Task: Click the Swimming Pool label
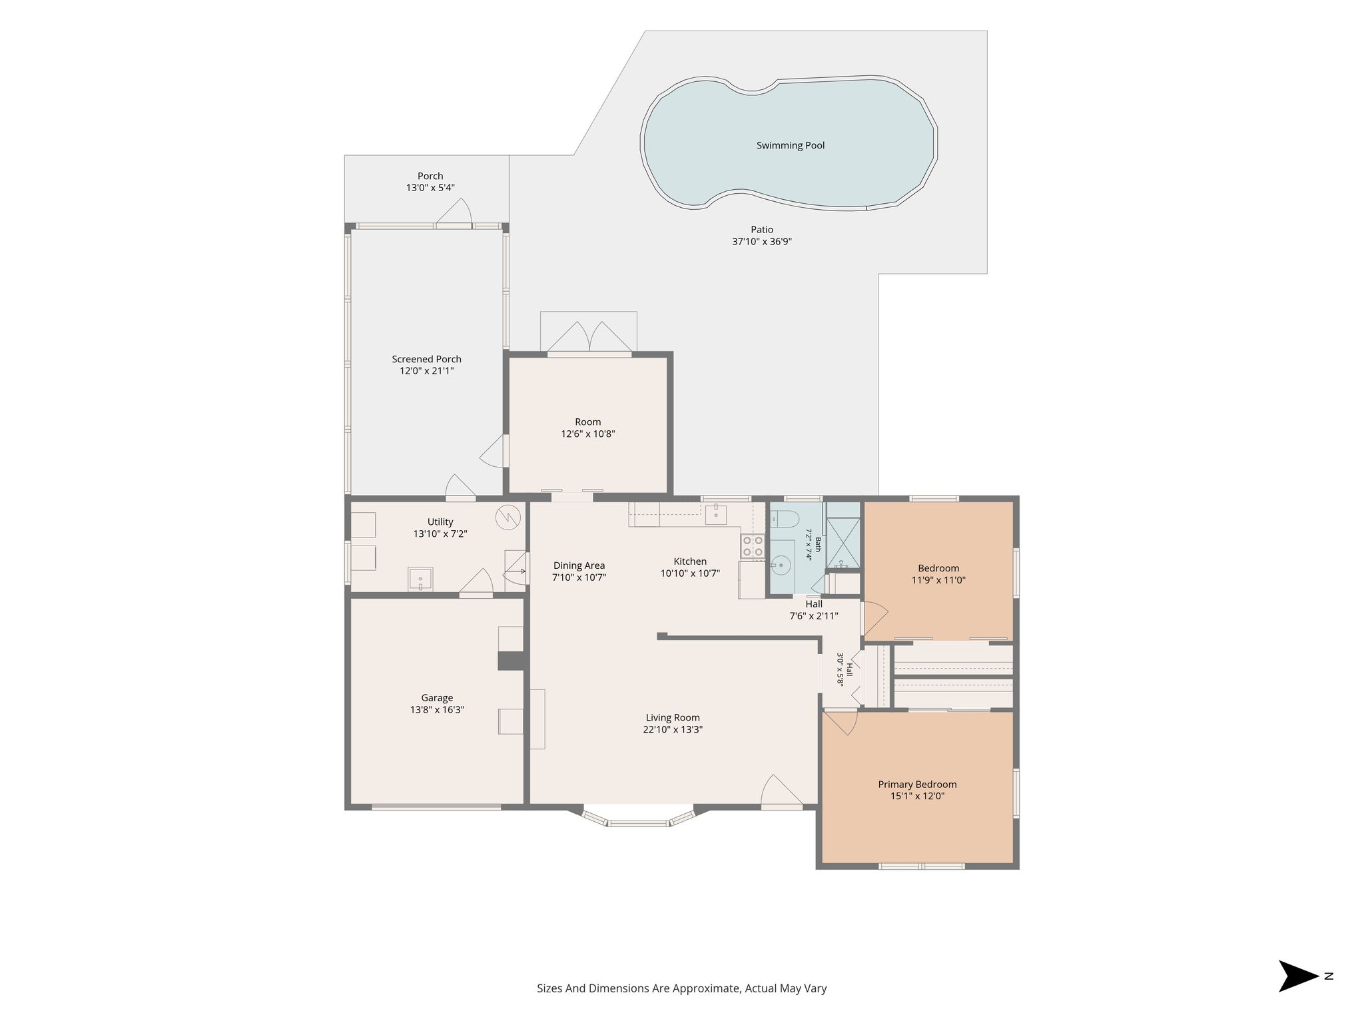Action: pos(790,145)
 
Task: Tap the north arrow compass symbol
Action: pos(1299,976)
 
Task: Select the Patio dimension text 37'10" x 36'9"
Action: pos(762,242)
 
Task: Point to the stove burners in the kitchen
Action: pos(753,546)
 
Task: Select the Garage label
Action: pos(437,698)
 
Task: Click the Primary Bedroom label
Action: pos(917,784)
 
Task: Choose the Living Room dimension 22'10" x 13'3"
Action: pos(673,729)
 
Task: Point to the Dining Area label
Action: pos(579,565)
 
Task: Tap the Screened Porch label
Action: pos(426,359)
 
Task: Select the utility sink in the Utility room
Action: pos(420,579)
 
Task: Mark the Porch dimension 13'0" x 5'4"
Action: pos(430,188)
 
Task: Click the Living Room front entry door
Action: pos(782,792)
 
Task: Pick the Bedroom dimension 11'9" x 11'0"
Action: pos(938,580)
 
